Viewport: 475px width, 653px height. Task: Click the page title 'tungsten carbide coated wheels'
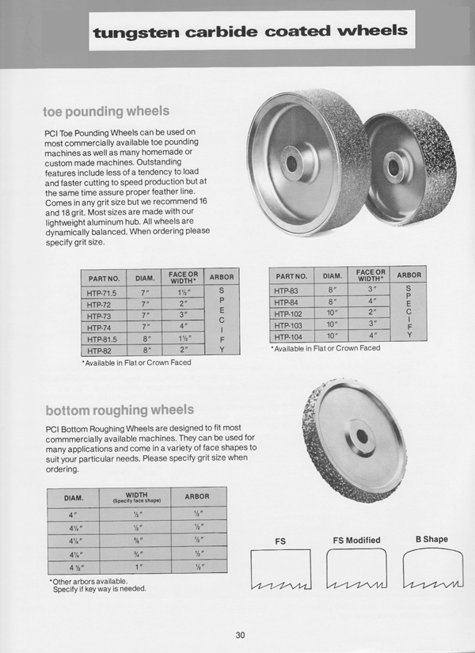pos(250,32)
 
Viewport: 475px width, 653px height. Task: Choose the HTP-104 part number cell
pos(290,336)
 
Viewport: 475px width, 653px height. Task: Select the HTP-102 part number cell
pos(290,313)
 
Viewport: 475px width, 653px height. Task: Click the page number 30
pos(241,633)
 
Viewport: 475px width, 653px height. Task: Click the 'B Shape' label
pos(431,540)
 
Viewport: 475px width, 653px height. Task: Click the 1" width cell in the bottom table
pos(137,567)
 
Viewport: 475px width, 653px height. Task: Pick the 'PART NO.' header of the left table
pos(103,279)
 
